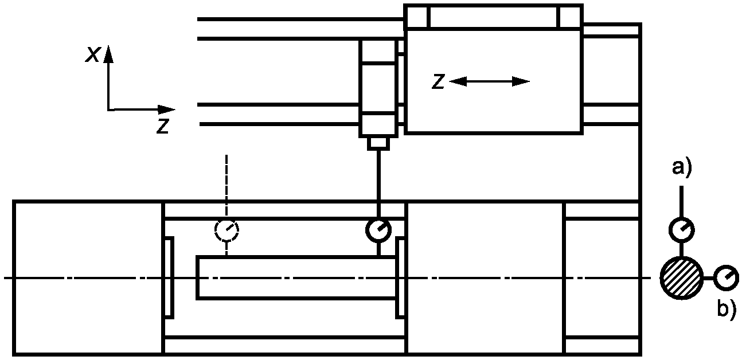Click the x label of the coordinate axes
(92, 53)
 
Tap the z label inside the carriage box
(439, 81)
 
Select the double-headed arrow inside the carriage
(489, 81)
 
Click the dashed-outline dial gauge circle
(226, 230)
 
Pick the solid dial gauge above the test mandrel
(378, 230)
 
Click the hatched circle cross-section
(681, 278)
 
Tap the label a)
(682, 168)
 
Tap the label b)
(727, 310)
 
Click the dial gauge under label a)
(682, 229)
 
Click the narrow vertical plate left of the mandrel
(169, 277)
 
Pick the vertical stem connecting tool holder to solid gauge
(378, 183)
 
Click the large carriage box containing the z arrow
(493, 109)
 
